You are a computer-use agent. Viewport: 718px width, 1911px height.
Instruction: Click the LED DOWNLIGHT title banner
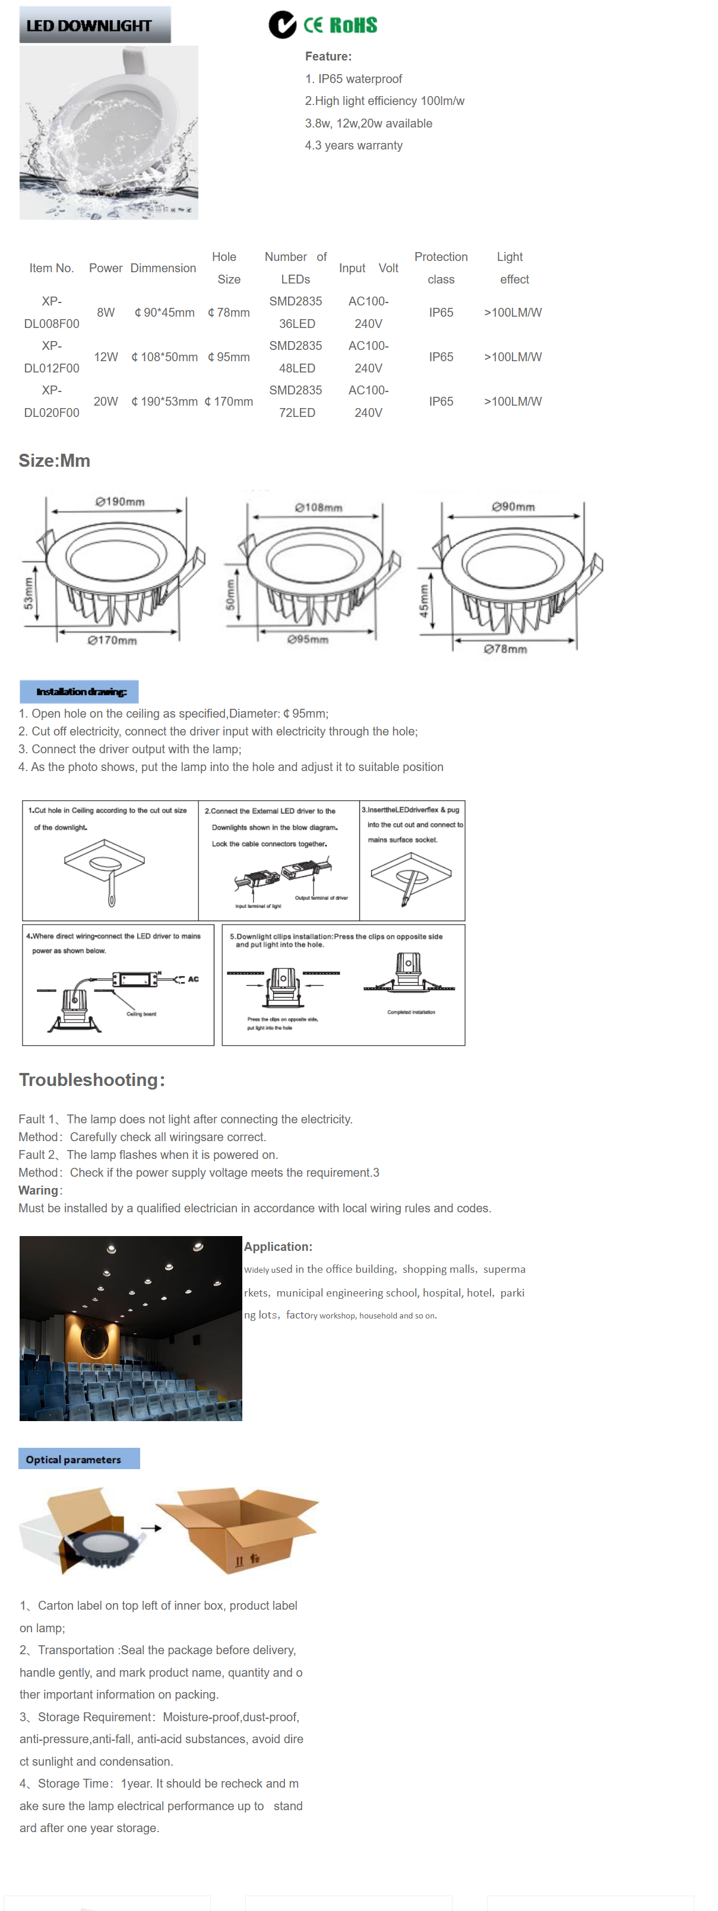(x=94, y=26)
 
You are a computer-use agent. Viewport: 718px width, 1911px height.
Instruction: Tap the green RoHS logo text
(x=353, y=26)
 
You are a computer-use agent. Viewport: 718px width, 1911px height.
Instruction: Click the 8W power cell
(x=106, y=313)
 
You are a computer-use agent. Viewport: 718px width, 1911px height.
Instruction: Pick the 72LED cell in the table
(x=296, y=412)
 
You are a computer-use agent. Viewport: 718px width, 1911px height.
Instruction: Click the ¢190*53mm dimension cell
(x=164, y=402)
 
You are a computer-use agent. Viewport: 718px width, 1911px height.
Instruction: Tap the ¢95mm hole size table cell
(x=229, y=357)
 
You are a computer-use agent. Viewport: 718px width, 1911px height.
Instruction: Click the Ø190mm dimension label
(x=121, y=502)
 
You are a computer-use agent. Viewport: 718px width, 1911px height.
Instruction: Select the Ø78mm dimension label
(x=505, y=649)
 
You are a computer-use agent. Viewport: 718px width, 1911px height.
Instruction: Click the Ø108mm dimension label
(x=318, y=508)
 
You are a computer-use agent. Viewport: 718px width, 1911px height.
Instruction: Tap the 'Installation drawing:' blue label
(x=80, y=692)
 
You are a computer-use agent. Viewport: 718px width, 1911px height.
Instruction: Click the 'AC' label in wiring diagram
(x=193, y=979)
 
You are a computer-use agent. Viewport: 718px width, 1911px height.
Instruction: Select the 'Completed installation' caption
(x=410, y=1012)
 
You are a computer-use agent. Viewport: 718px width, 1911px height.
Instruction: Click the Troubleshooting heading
(x=91, y=1079)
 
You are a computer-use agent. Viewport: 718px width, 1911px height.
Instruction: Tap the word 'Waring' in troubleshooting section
(x=39, y=1190)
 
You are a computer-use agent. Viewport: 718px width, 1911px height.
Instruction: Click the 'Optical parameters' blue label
(x=74, y=1459)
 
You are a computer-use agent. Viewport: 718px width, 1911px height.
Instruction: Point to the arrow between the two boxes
(x=151, y=1528)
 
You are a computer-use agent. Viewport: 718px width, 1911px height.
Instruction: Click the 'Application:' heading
(x=278, y=1246)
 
